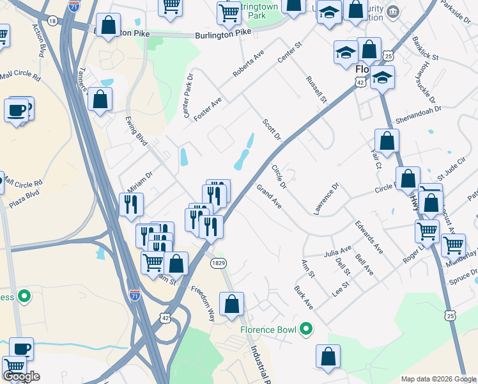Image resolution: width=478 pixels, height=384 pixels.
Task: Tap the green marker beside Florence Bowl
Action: pos(307,330)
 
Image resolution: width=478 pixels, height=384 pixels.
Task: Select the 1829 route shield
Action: pos(215,263)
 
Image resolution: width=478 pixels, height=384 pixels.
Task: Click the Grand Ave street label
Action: pos(269,197)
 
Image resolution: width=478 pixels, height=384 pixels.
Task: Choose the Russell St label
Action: pos(316,90)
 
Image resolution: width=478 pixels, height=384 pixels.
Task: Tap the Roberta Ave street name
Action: pos(249,65)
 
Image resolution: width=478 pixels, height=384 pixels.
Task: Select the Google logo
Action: pos(21,376)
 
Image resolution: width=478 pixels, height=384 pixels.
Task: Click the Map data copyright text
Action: pos(438,379)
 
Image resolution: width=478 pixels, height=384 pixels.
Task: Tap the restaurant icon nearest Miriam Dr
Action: pos(130,205)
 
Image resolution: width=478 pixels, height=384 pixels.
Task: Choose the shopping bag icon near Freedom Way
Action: pos(232,305)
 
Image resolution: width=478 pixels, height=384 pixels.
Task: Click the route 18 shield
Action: pos(52,20)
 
